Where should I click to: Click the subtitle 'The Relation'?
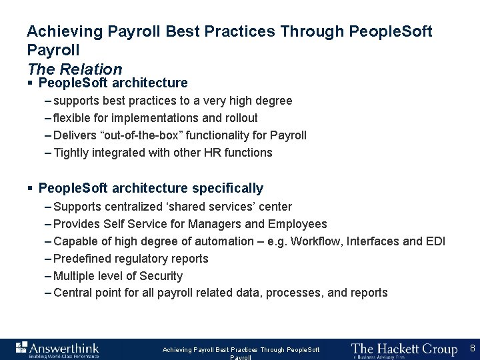75,69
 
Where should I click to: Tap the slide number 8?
472,349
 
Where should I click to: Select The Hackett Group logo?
404,349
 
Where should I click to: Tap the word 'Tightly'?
70,153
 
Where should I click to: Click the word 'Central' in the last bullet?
72,293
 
